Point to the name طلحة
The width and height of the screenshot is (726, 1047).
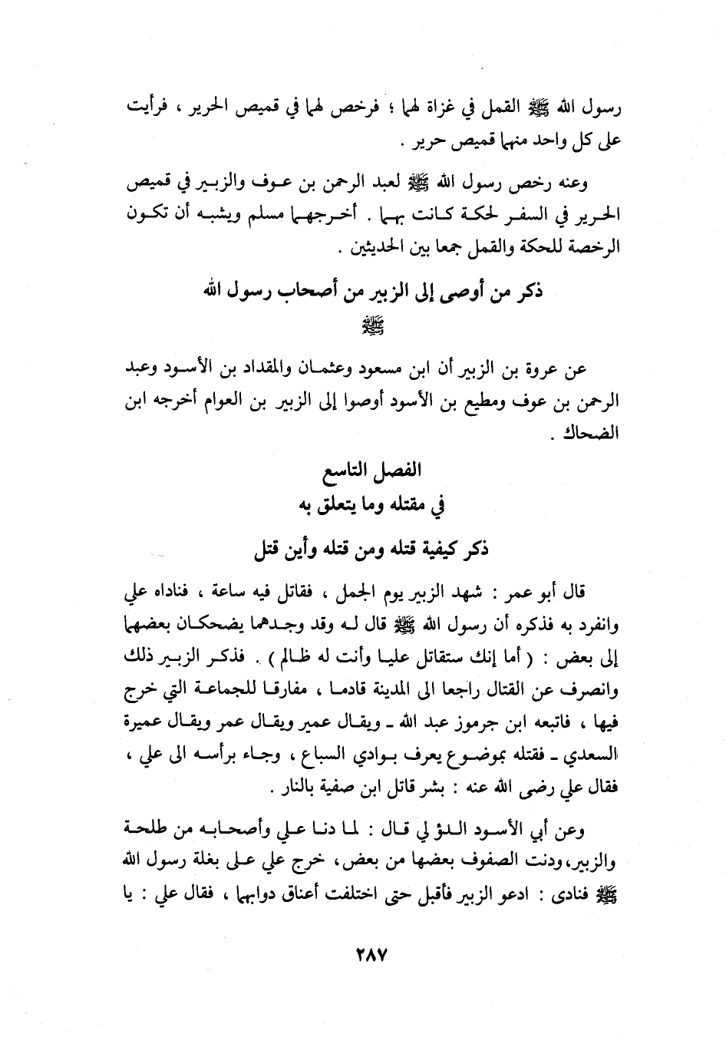(x=147, y=831)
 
